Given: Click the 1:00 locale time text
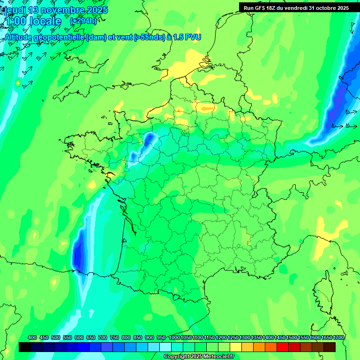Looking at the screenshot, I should (x=33, y=21).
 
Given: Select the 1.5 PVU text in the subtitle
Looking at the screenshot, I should (x=187, y=37).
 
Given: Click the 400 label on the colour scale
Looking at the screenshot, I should (x=32, y=337).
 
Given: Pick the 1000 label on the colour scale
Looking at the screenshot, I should (x=174, y=337).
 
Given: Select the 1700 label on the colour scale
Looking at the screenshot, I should (x=338, y=337).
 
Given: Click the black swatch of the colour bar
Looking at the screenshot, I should (x=25, y=347).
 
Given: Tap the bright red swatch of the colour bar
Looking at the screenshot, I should (x=283, y=347).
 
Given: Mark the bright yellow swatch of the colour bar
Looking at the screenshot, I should (x=236, y=347).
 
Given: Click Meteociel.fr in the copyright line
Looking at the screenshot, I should (x=214, y=357).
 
